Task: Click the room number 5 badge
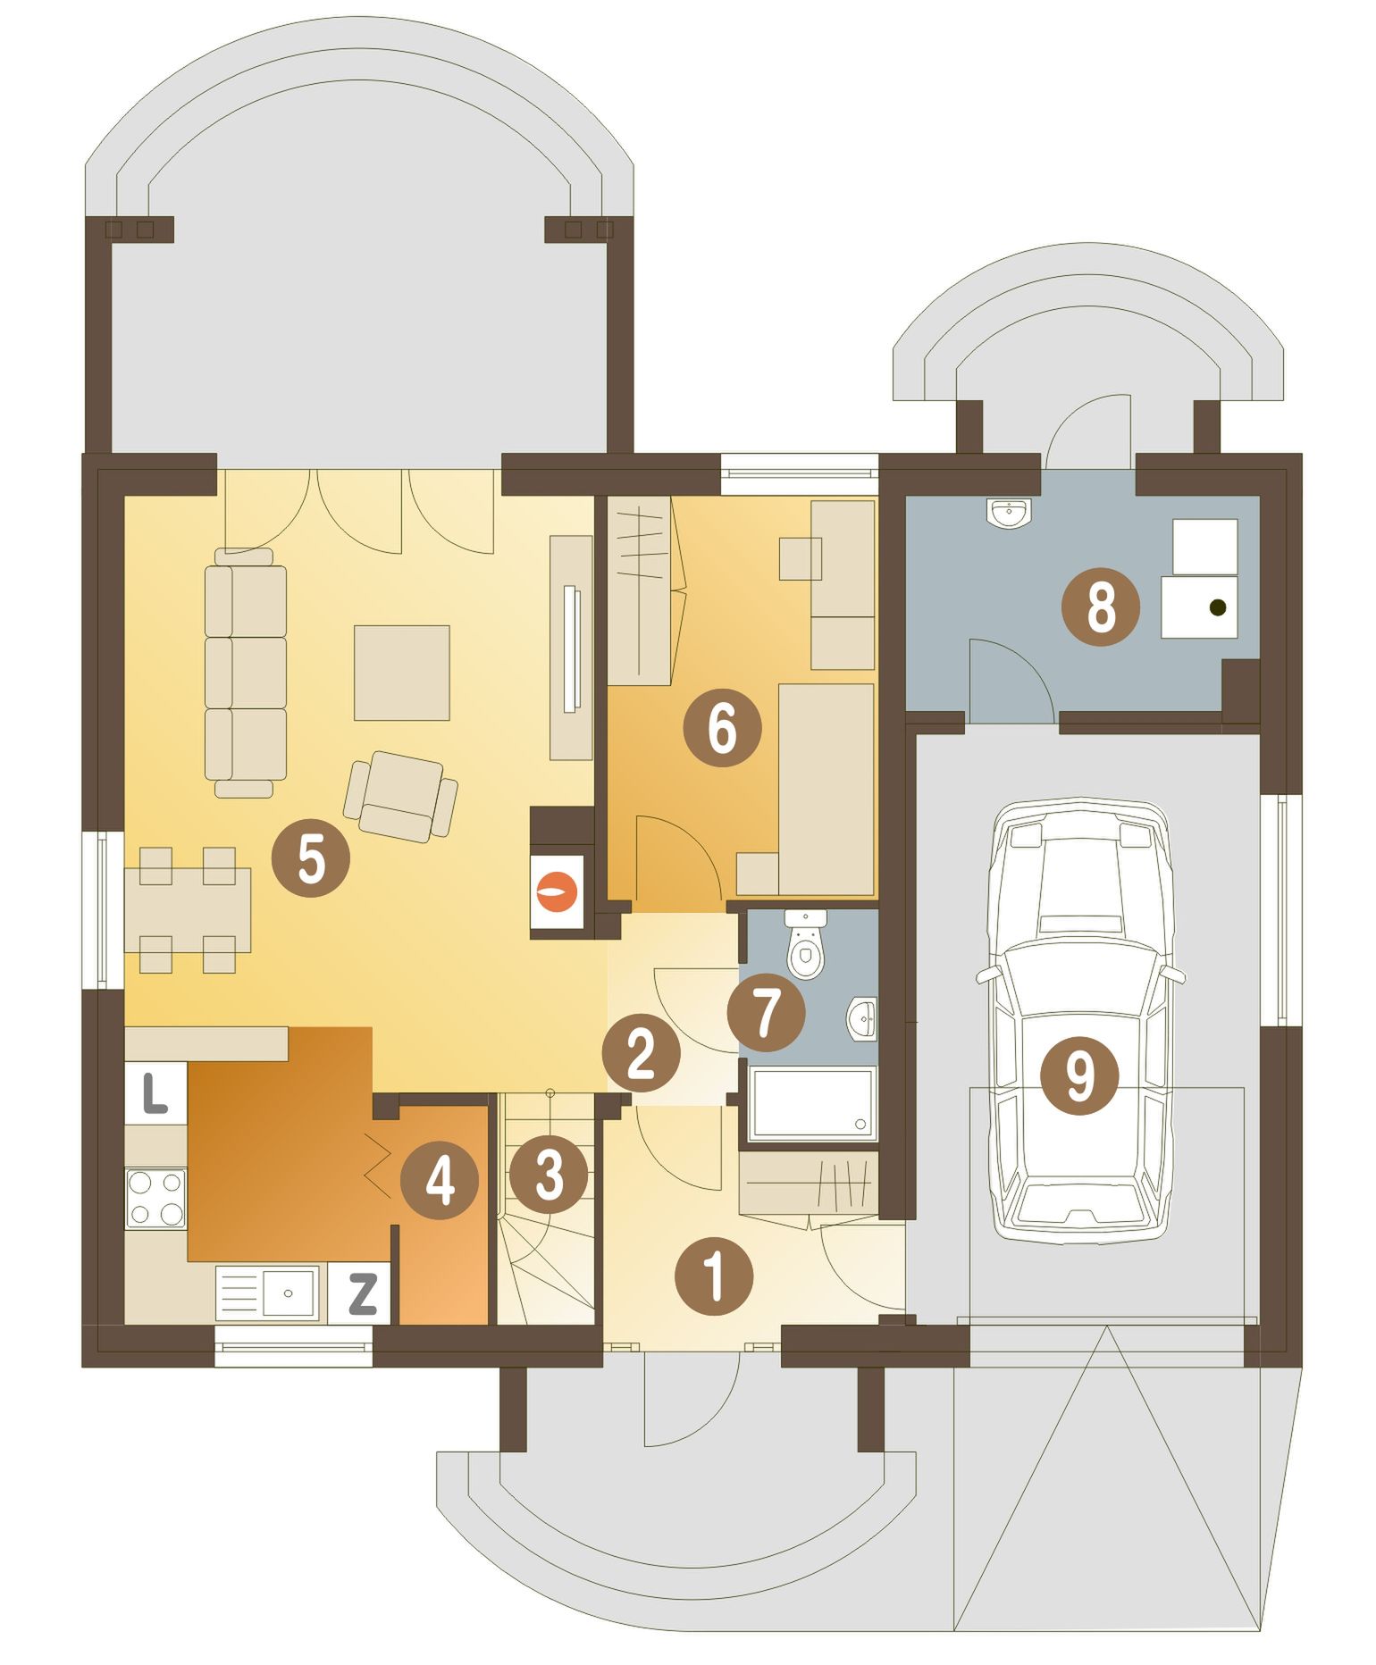click(310, 858)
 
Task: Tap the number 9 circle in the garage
click(1079, 1075)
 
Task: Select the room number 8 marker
click(1101, 607)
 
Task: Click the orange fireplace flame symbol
click(558, 891)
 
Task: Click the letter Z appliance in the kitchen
click(361, 1293)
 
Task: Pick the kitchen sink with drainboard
click(267, 1293)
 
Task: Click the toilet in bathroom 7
click(806, 945)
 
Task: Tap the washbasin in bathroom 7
click(860, 1019)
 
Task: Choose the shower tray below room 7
click(812, 1104)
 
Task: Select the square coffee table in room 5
click(401, 673)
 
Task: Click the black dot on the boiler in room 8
click(1216, 607)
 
